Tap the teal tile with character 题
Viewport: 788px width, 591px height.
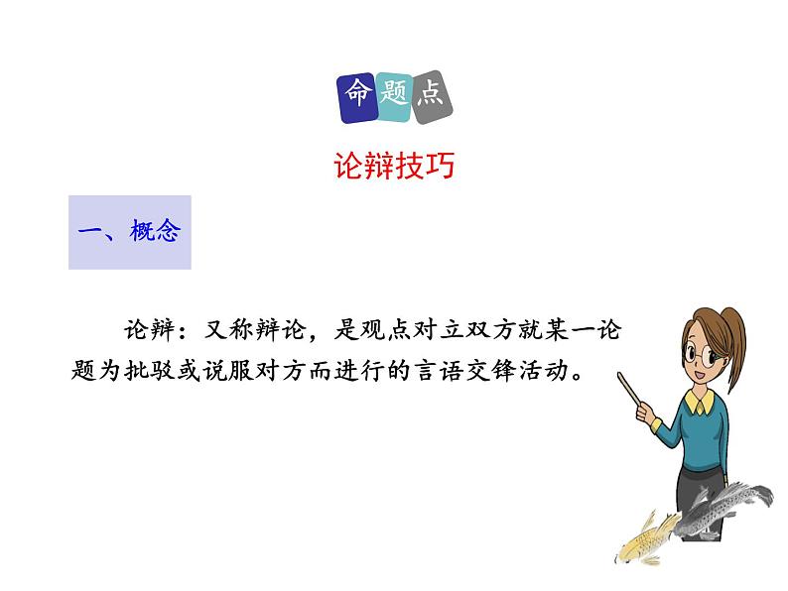(x=394, y=98)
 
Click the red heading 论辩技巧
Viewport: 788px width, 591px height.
(x=394, y=166)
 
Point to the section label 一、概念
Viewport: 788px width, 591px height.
(x=129, y=232)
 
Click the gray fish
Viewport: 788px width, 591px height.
(x=729, y=501)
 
